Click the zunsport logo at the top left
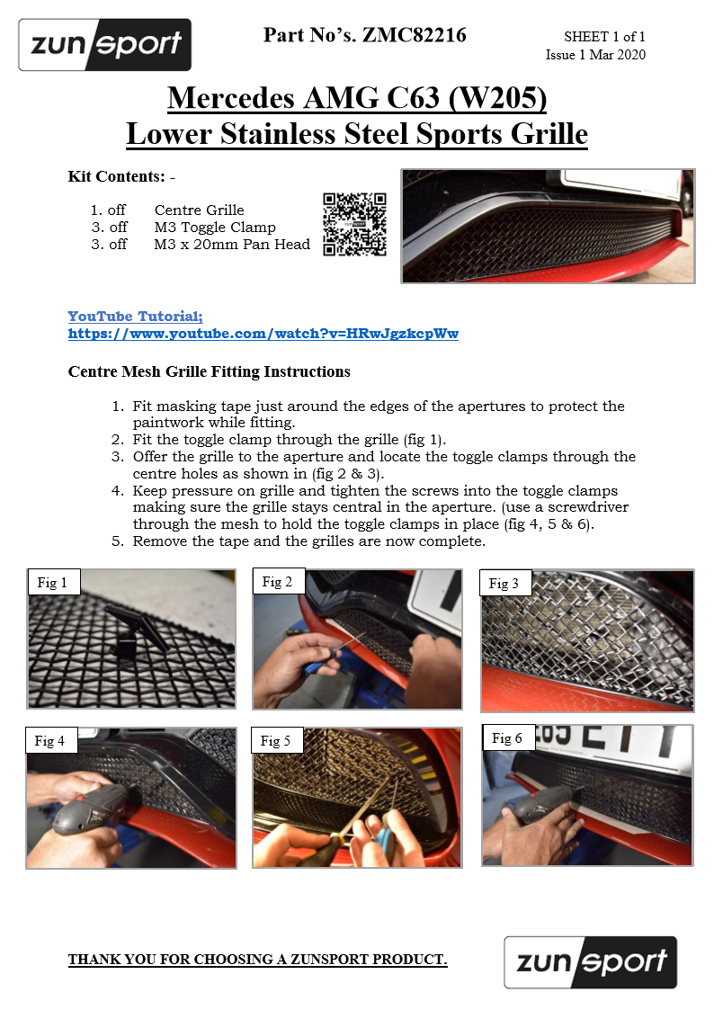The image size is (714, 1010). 105,44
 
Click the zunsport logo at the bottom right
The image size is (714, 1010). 591,962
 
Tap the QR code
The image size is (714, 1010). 354,224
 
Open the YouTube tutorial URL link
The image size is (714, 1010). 263,334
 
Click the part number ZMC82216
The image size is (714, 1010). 415,35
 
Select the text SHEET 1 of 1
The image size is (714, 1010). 604,37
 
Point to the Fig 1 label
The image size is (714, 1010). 53,582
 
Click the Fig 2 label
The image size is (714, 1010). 278,582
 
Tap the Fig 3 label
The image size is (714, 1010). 504,584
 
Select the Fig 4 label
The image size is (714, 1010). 50,741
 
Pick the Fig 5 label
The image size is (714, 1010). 276,741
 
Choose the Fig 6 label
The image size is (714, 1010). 508,738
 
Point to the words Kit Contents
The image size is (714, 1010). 117,176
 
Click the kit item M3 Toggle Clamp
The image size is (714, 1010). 215,228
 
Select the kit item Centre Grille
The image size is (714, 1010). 200,210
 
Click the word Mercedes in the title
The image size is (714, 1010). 231,99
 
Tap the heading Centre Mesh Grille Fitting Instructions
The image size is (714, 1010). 210,371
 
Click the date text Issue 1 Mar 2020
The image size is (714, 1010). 595,55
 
